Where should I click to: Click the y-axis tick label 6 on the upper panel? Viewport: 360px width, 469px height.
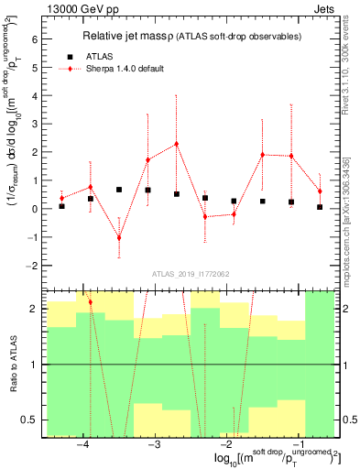pyautogui.click(x=34, y=39)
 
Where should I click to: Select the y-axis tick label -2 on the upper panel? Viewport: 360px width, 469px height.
pyautogui.click(x=32, y=266)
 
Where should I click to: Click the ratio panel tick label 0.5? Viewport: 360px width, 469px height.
pyautogui.click(x=30, y=420)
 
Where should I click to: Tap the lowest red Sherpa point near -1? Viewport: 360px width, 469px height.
pyautogui.click(x=119, y=237)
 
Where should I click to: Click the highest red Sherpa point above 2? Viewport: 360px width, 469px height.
pyautogui.click(x=176, y=144)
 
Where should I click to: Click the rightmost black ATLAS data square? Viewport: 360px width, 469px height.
pyautogui.click(x=320, y=207)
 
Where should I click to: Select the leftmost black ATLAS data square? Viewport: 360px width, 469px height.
pyautogui.click(x=61, y=206)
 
